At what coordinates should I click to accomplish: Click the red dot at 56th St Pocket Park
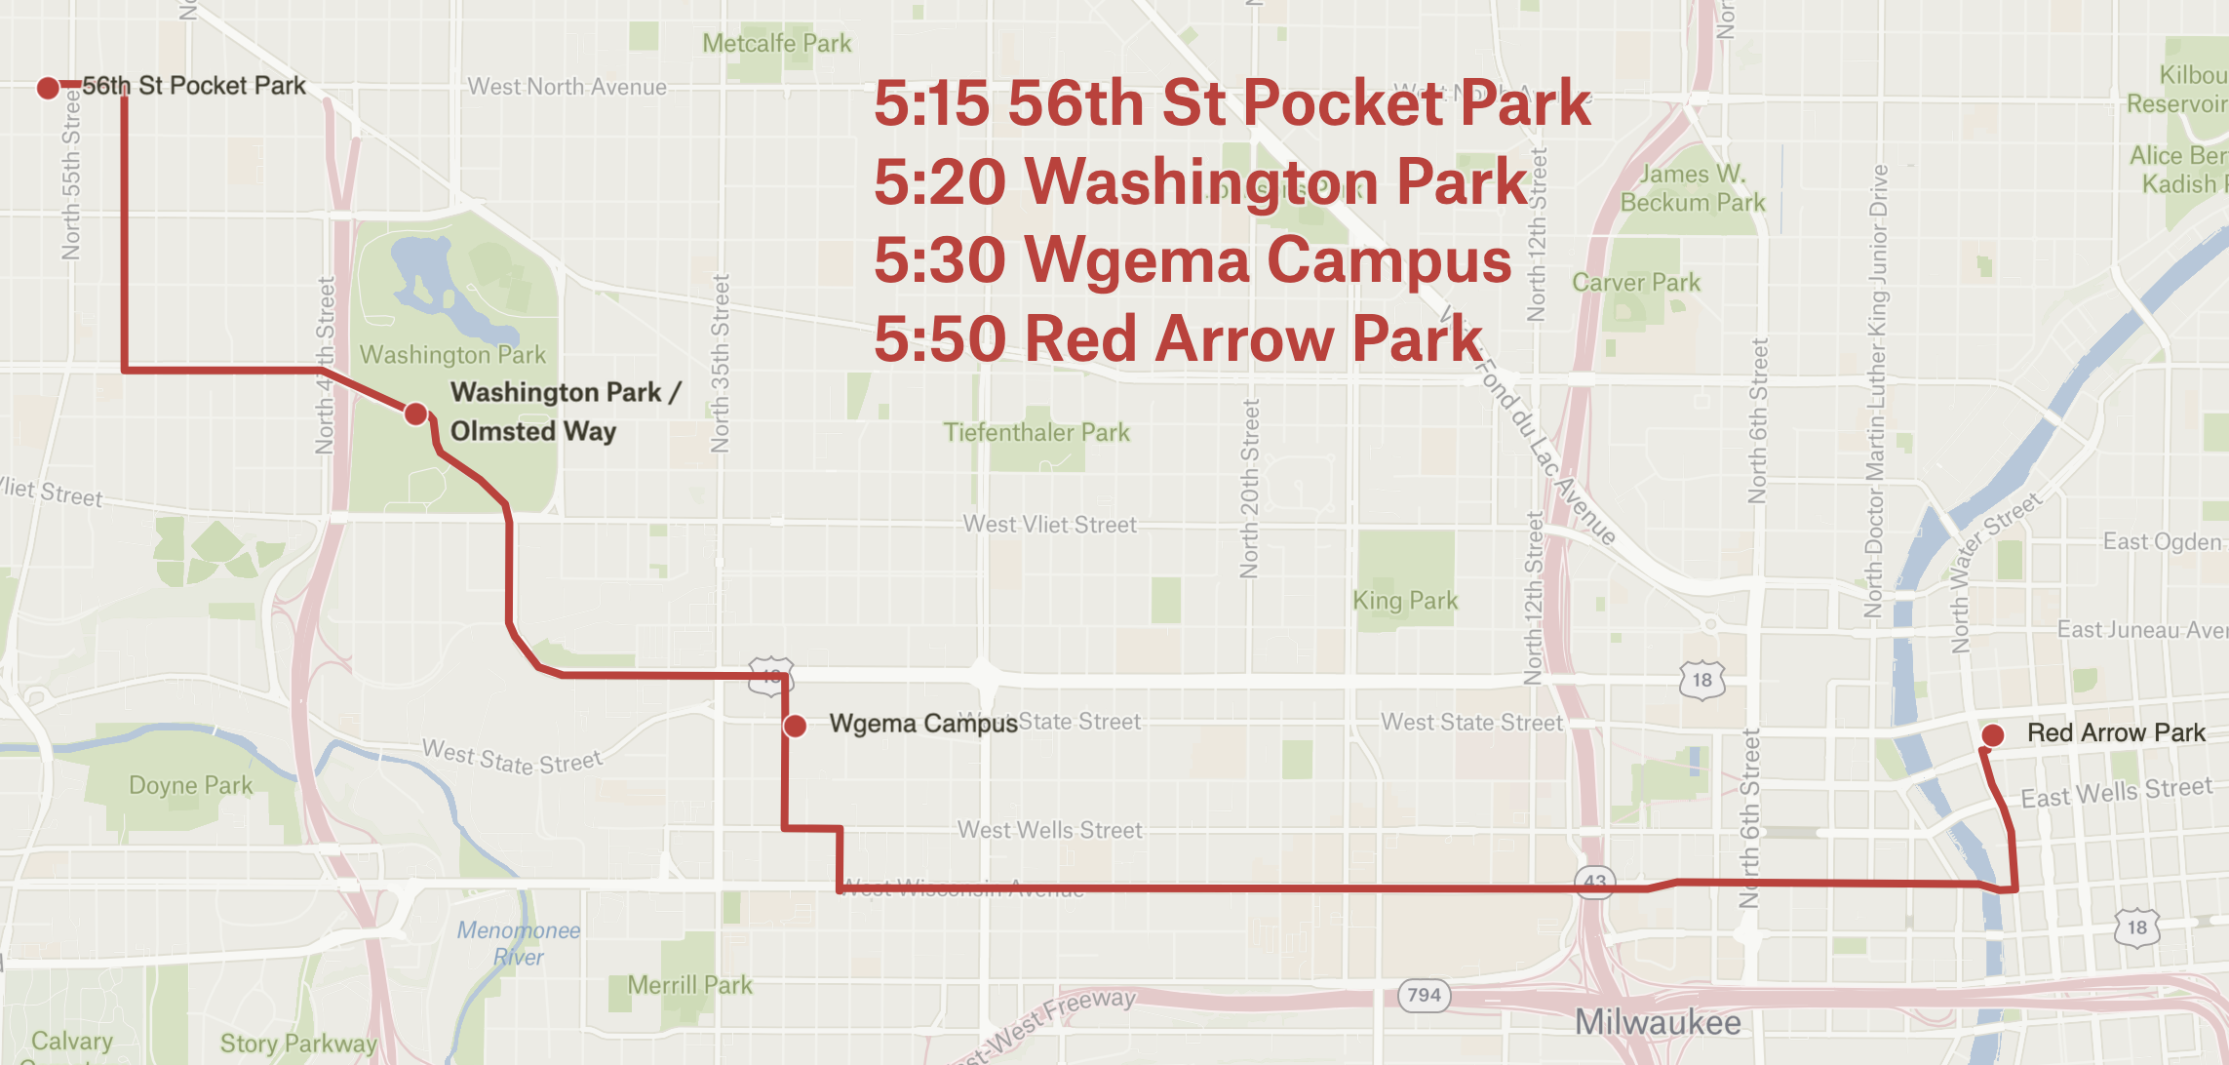tap(48, 89)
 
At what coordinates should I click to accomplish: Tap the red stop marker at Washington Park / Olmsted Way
tap(416, 414)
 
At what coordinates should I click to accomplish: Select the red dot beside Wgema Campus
tap(796, 726)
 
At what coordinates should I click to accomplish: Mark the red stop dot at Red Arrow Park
tap(1993, 734)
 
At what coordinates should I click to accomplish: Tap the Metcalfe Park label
tap(776, 44)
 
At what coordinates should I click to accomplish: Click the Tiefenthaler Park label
tap(1036, 432)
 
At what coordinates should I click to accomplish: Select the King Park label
tap(1405, 601)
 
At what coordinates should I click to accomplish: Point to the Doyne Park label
tap(190, 785)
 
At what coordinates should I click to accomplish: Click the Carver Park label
tap(1635, 283)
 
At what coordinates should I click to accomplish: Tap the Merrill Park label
tap(689, 985)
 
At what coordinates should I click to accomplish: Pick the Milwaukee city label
tap(1658, 1022)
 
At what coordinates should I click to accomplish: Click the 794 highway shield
tap(1424, 995)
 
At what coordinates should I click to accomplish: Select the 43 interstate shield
tap(1594, 881)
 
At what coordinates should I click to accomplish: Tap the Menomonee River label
tap(519, 943)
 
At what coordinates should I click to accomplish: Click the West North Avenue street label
tap(567, 87)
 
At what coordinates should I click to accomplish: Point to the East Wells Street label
tap(2116, 793)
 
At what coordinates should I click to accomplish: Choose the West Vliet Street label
tap(1049, 525)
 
